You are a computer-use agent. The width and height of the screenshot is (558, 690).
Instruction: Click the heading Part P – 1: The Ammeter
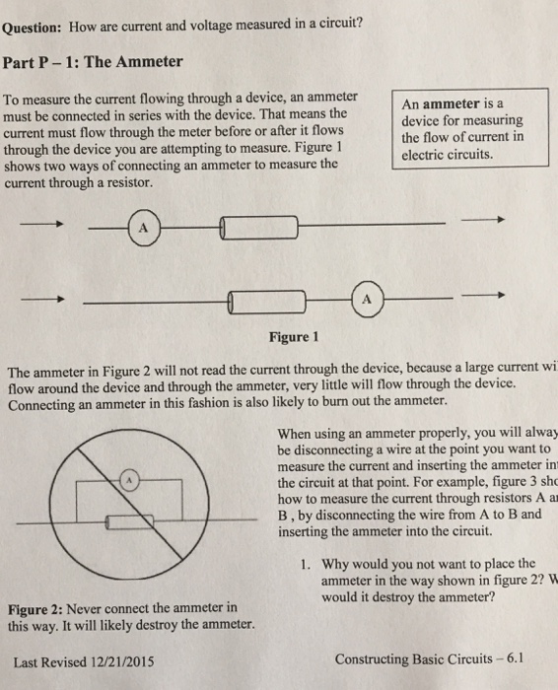point(93,62)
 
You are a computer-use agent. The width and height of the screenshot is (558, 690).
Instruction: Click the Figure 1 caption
point(293,336)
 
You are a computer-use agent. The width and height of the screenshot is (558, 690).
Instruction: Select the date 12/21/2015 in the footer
point(125,660)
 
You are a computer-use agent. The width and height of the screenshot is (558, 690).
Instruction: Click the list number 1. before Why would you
point(305,565)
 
